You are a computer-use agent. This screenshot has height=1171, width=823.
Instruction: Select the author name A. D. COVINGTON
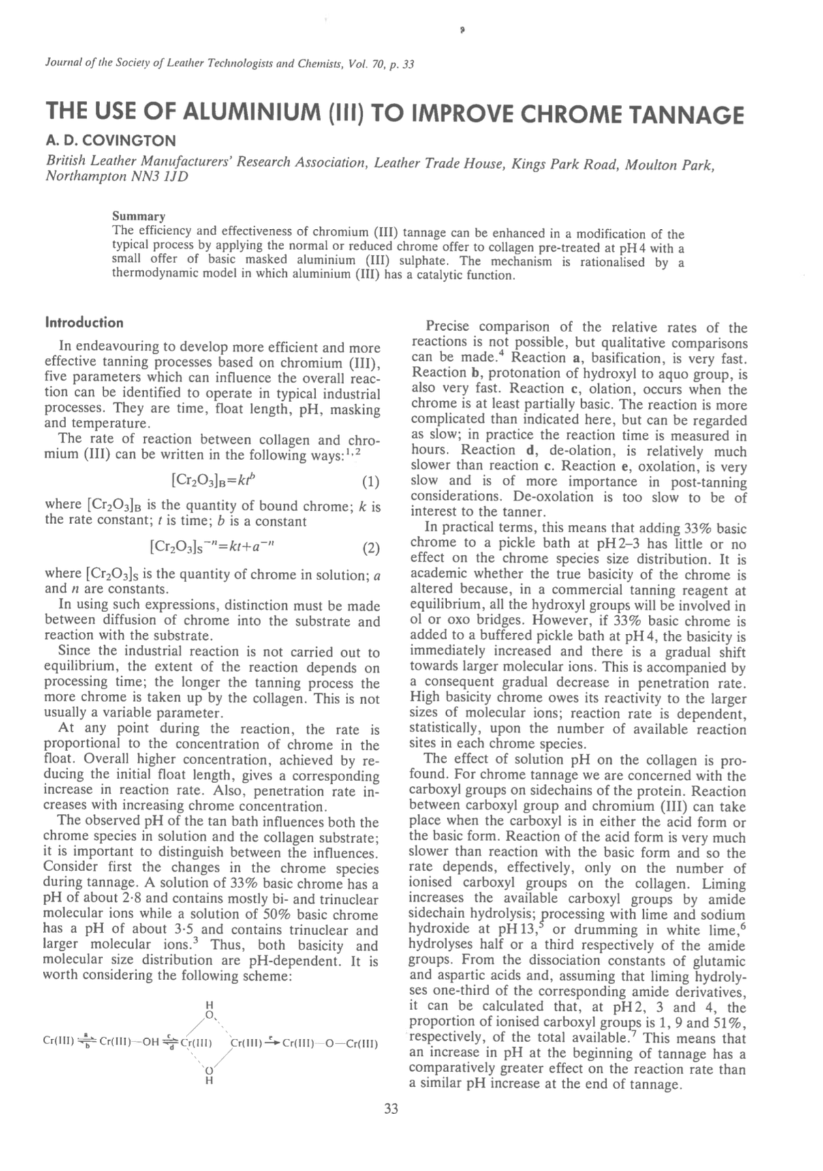110,140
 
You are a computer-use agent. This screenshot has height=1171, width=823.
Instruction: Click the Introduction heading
84,322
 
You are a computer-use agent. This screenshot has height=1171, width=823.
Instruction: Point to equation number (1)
370,483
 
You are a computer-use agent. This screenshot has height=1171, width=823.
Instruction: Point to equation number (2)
370,547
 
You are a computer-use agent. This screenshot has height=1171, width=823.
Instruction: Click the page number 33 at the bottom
391,1108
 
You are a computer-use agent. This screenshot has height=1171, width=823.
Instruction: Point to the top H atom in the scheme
209,1005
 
